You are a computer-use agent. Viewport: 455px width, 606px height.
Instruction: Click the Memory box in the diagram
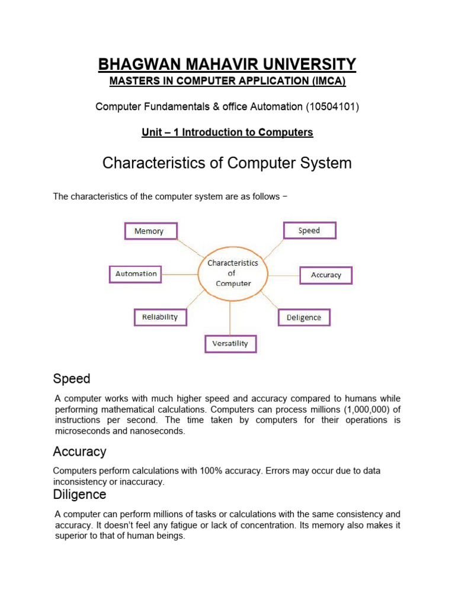(150, 231)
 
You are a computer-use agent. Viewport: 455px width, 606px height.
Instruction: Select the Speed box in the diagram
(309, 230)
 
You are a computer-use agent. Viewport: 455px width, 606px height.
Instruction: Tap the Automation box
(136, 274)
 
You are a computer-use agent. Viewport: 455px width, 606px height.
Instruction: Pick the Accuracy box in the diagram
(325, 275)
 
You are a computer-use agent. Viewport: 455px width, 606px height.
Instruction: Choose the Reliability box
(160, 317)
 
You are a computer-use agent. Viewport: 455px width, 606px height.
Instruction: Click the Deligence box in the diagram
(304, 318)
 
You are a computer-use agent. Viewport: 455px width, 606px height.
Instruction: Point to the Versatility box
(230, 344)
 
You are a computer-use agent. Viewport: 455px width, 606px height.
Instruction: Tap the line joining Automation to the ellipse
(180, 274)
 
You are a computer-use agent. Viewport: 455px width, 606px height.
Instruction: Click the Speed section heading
(72, 379)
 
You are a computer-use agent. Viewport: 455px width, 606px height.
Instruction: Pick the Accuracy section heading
(79, 452)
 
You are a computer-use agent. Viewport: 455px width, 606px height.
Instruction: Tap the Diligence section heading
(79, 494)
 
